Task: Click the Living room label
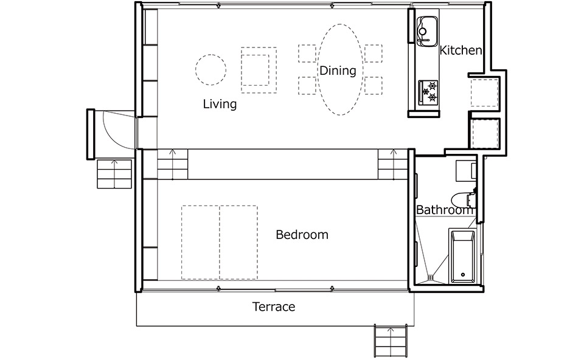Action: pos(220,104)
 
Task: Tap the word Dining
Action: pos(338,71)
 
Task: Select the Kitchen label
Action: pos(461,50)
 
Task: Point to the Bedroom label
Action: pos(302,235)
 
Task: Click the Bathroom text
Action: pos(444,210)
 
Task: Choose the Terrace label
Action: pos(274,306)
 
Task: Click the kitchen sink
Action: pos(427,31)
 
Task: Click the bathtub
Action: pos(462,257)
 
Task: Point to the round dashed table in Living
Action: pos(211,69)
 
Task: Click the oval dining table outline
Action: pos(339,69)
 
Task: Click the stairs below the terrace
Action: pos(390,341)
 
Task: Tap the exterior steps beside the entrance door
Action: pos(114,174)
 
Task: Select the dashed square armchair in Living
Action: pos(259,70)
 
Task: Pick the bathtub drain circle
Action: pos(462,275)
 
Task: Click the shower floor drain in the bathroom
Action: pos(431,277)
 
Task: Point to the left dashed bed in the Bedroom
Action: pos(200,243)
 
